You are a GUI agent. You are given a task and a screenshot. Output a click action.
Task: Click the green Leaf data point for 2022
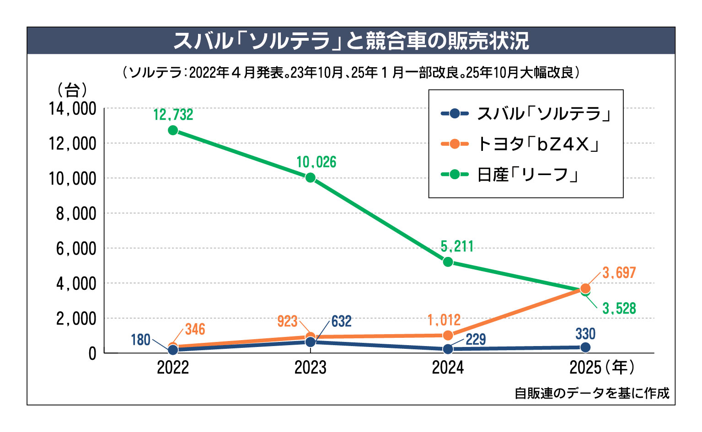[x=173, y=130]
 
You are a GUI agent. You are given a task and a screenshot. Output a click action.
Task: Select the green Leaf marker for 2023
[x=311, y=177]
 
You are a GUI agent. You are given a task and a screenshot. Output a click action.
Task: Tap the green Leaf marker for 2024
[x=448, y=262]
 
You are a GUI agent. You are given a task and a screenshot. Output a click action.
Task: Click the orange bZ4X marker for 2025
[x=585, y=288]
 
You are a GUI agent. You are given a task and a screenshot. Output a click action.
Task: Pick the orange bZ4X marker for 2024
[x=448, y=335]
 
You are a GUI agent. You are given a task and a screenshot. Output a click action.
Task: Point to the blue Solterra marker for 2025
[x=585, y=347]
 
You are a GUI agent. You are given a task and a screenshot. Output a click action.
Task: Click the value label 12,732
[x=173, y=115]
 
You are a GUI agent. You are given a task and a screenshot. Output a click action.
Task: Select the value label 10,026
[x=316, y=162]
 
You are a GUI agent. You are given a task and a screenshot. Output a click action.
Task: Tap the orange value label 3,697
[x=619, y=273]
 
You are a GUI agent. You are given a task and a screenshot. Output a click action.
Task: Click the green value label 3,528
[x=619, y=309]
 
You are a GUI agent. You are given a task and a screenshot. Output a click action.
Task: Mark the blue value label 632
[x=341, y=321]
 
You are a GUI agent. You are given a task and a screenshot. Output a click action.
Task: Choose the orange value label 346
[x=195, y=329]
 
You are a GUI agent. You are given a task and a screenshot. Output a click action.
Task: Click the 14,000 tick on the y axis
[x=73, y=109]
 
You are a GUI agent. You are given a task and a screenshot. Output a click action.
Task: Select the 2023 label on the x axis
[x=311, y=368]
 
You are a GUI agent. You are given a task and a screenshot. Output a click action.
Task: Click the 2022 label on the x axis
[x=173, y=368]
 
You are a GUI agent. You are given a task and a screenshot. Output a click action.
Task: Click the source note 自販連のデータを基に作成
[x=592, y=393]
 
